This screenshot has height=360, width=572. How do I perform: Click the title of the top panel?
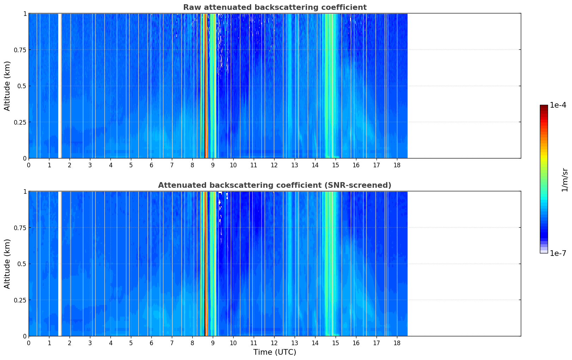tap(275, 7)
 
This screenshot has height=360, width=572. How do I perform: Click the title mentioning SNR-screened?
tap(275, 185)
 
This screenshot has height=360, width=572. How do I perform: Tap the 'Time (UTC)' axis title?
tap(275, 352)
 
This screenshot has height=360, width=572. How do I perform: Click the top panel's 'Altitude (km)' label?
tap(7, 86)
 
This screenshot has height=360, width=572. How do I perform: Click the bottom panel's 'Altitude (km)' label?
tap(7, 264)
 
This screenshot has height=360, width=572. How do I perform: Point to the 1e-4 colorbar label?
tap(558, 105)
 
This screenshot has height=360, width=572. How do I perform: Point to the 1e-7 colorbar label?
tap(558, 253)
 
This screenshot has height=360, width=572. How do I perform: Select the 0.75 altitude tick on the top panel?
tap(20, 50)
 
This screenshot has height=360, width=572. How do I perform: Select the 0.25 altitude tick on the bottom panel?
tap(20, 300)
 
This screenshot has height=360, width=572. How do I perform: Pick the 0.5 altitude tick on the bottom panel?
tap(22, 264)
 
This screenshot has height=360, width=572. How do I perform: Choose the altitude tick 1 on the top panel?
tap(25, 13)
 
